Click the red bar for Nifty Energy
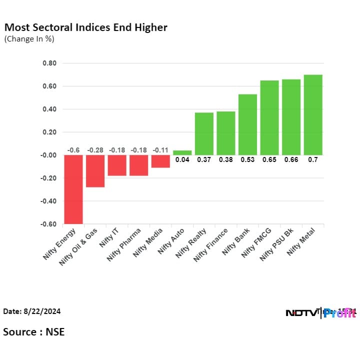(73, 189)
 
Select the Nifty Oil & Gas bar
(95, 171)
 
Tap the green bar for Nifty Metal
(313, 114)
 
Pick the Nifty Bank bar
(247, 124)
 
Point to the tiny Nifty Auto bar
(182, 152)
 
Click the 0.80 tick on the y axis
(49, 63)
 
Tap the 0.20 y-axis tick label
(49, 132)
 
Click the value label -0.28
(95, 150)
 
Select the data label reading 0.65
(269, 160)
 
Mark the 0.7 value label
(313, 160)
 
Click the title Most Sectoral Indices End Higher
(85, 27)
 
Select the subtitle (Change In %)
(29, 39)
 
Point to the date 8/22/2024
(32, 311)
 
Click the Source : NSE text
(34, 331)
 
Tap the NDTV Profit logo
(320, 313)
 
